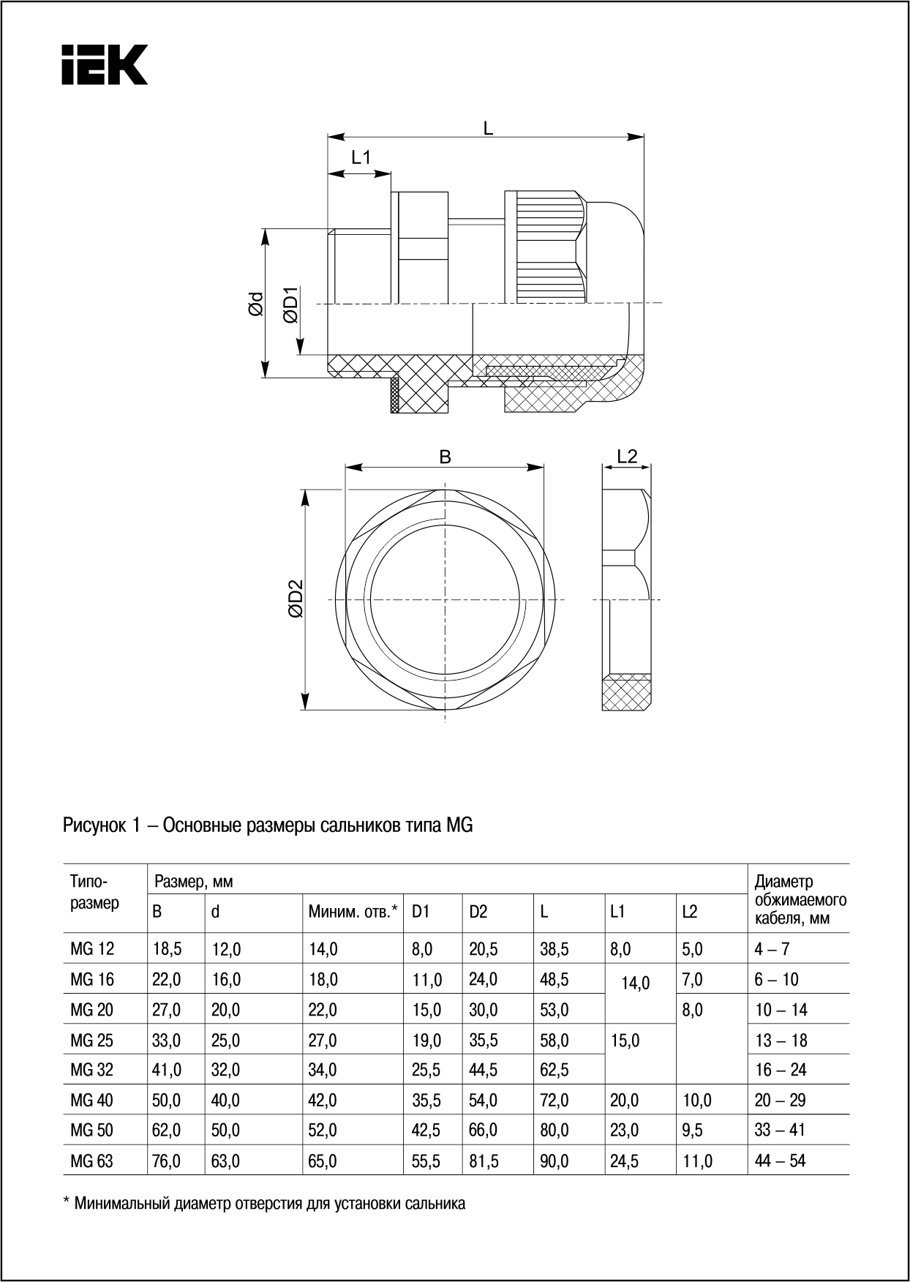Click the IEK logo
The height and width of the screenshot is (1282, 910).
[x=105, y=64]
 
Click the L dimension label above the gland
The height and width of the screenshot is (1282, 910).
[x=488, y=127]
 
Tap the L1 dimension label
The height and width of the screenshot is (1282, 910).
[x=361, y=157]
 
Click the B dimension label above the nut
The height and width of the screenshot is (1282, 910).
[x=445, y=457]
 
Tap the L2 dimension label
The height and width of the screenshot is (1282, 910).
[x=627, y=457]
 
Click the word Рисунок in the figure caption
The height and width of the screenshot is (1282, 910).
[x=94, y=825]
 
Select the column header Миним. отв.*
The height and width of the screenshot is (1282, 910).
[x=353, y=912]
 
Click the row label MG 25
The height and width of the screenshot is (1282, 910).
[x=93, y=1041]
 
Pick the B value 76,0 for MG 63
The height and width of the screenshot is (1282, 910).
[x=167, y=1161]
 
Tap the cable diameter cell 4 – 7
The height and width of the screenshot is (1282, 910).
[x=772, y=950]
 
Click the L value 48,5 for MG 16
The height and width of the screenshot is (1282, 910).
[x=554, y=980]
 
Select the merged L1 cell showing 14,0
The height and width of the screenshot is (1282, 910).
[x=635, y=983]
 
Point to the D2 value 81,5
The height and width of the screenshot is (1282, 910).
[x=484, y=1161]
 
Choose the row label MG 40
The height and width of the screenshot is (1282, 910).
[x=92, y=1101]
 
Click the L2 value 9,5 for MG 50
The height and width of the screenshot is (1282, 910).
[x=692, y=1131]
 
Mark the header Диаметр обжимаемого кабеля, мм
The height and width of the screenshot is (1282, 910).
[x=800, y=900]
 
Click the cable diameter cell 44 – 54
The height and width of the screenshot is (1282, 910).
[x=781, y=1161]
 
